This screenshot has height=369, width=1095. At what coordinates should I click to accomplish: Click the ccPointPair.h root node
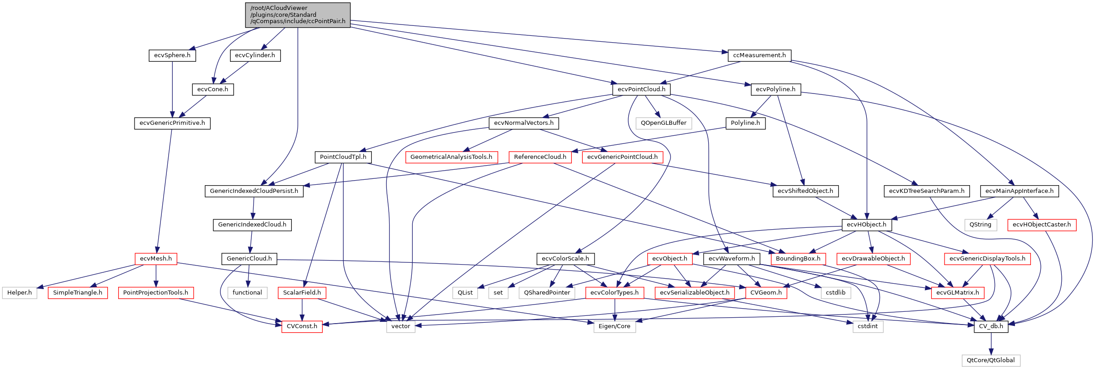pos(298,15)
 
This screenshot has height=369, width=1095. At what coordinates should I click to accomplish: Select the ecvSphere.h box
pos(172,55)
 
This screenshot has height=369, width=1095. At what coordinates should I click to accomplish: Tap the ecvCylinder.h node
pos(255,55)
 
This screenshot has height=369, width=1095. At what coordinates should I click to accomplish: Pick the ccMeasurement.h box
pos(759,55)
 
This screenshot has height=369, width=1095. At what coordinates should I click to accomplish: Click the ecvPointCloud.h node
pos(641,89)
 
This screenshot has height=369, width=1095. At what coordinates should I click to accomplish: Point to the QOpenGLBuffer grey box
pos(664,123)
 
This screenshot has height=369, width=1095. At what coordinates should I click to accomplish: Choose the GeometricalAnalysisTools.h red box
pos(451,157)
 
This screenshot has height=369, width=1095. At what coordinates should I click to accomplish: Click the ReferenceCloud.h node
pos(540,157)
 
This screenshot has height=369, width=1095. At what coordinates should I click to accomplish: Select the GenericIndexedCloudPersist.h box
pos(254,191)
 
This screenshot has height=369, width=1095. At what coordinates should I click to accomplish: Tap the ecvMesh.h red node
pos(156,259)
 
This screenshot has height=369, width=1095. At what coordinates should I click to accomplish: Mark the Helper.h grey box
pos(20,293)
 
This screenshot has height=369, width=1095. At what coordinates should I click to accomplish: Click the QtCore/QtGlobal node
pos(991,360)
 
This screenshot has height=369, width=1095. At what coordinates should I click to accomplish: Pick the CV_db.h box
pos(991,326)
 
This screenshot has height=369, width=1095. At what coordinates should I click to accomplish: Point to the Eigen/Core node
pos(615,326)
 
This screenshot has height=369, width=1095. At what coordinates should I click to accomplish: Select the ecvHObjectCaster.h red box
pos(1042,225)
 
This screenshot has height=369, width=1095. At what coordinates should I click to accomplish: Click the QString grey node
pos(980,225)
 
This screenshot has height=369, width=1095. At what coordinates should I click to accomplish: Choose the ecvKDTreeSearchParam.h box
pos(927,191)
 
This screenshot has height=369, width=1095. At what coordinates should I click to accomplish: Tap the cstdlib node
pos(835,293)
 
